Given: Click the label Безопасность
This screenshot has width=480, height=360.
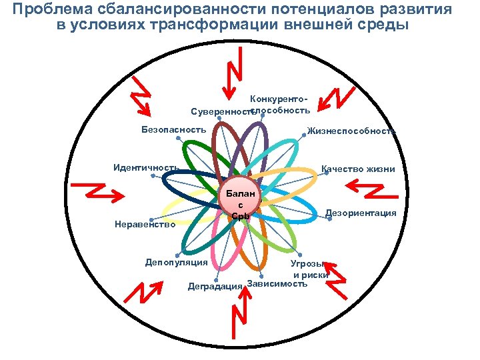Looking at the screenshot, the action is pos(173,129).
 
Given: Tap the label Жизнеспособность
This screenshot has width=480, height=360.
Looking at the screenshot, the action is pos(351,131).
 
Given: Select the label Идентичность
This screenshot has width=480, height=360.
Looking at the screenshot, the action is pos(145,167).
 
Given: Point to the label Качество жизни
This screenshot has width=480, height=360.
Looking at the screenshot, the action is pos(358,169).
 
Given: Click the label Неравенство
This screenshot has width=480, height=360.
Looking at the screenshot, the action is pos(145,225).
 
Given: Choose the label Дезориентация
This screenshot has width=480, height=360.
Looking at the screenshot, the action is pos(361,213).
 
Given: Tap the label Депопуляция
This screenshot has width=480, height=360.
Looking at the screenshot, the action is pos(176,262).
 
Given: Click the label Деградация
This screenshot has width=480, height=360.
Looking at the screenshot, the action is pos(215,286).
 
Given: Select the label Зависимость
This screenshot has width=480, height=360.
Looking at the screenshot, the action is pos(277,284).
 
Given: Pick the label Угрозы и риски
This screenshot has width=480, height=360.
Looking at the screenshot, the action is pos(310,269).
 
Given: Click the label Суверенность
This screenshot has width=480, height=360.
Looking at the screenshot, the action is pos(219,110).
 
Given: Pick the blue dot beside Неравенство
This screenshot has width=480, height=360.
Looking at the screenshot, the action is pos(151,219).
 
